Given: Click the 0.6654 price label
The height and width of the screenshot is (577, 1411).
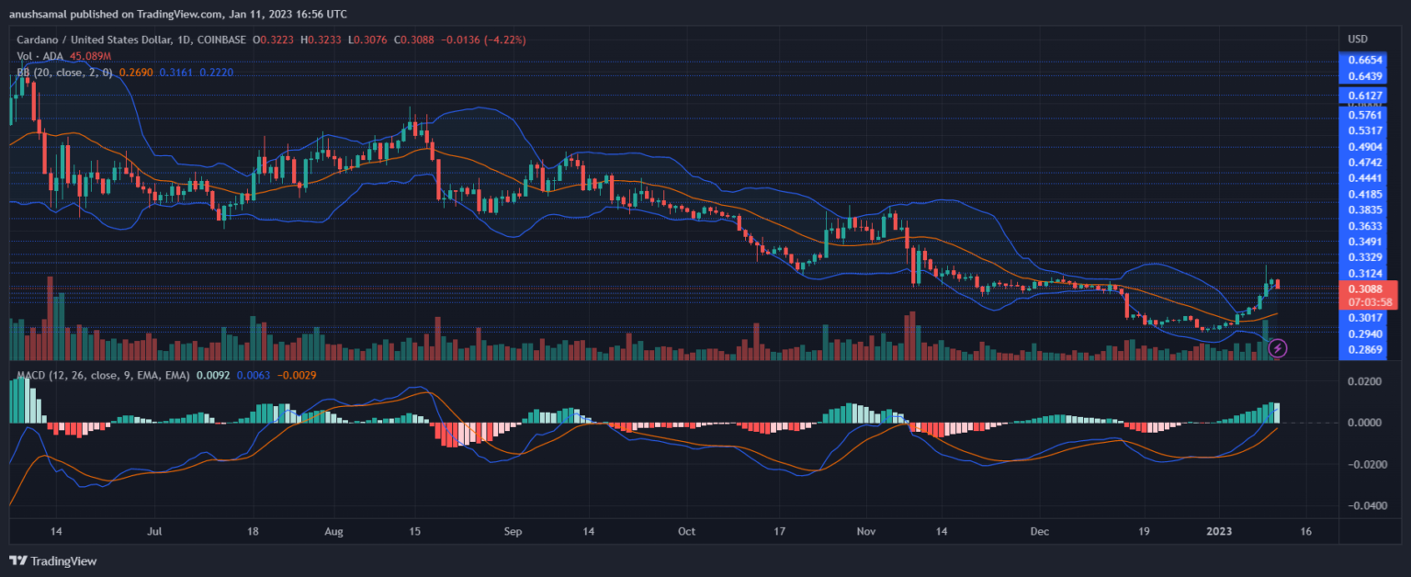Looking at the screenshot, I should pos(1363,59).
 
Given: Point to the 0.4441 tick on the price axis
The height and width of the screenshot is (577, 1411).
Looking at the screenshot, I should pos(1363,178).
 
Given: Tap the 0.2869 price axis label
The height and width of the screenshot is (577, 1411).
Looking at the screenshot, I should pos(1363,350).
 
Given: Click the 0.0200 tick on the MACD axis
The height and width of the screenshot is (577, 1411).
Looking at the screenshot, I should pos(1363,381).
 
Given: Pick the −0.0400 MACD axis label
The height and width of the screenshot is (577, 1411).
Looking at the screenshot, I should pos(1360,505).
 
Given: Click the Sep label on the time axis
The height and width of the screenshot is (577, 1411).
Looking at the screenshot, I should pos(514,531).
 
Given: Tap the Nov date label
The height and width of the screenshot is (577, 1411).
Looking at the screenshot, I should pos(865,531).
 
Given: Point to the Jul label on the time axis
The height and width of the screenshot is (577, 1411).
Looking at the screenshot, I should pos(154,531).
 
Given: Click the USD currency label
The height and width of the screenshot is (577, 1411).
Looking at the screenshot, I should pos(1358,39).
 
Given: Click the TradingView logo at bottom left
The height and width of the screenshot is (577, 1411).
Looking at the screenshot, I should pos(52,560).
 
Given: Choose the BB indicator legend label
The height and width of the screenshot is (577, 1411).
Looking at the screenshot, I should pos(24,72).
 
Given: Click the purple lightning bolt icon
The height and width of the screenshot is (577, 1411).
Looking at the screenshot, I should pos(1277,348).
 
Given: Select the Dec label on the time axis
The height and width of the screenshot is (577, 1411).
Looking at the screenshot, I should pos(1040,531).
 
